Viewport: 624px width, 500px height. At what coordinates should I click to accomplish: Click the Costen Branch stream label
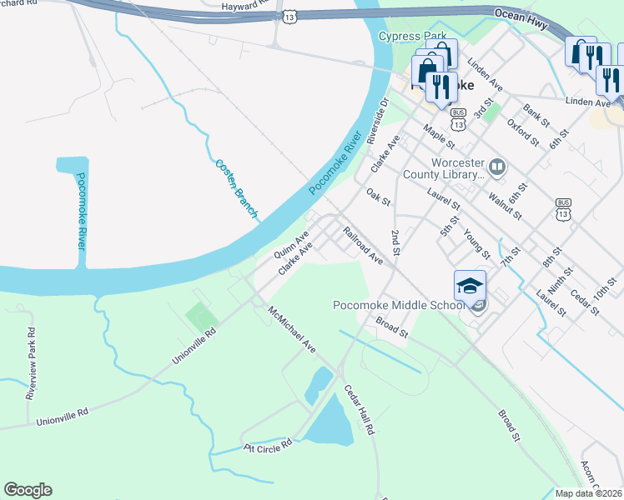236,188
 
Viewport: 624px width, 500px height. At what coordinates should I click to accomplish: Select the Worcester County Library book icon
497,167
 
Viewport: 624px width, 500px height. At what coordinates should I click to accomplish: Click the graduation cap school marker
470,285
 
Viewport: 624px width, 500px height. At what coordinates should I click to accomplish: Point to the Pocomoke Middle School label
398,306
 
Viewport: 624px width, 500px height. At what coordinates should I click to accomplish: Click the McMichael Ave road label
292,327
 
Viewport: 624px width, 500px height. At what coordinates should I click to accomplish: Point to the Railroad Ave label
364,246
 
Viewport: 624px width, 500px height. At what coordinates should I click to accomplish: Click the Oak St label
379,197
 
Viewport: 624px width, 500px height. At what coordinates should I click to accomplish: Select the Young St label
476,243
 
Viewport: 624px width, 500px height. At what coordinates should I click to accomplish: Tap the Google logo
28,490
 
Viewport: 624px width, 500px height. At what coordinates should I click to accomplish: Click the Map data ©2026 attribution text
587,493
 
